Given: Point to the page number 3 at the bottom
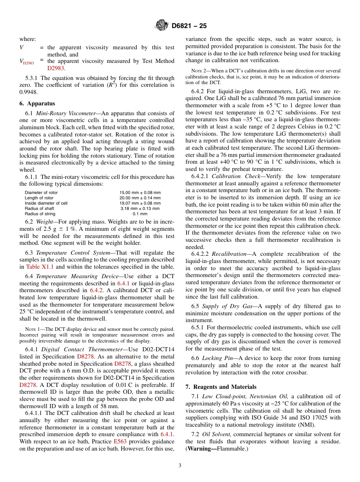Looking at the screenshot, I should (x=180, y=465).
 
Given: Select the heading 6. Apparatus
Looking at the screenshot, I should (x=37, y=103).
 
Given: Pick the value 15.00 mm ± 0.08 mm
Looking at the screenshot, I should (x=140, y=192).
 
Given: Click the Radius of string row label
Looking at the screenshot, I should (x=40, y=214).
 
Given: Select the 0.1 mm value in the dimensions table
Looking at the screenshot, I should (x=140, y=214).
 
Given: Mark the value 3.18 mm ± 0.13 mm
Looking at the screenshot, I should (x=140, y=208).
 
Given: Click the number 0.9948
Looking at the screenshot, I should (x=28, y=91).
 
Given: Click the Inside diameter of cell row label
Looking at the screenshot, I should (x=46, y=203).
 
